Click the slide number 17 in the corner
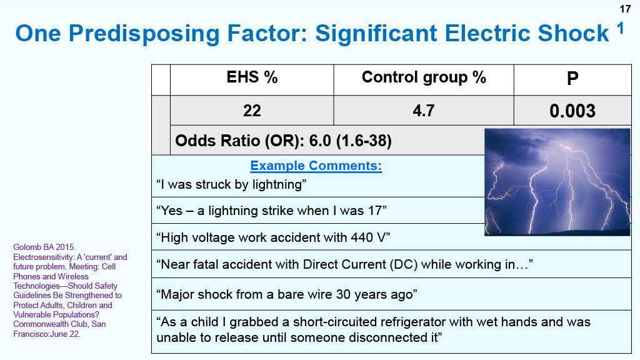point(625,9)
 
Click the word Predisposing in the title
point(144,34)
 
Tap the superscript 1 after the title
point(621,29)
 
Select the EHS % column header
point(252,77)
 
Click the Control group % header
point(424,77)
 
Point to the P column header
point(572,78)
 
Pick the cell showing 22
point(252,111)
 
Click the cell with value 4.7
point(424,111)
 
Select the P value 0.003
point(572,111)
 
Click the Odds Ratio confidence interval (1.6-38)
point(364,141)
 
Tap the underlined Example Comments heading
point(316,166)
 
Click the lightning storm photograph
point(557,182)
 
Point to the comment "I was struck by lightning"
point(231,184)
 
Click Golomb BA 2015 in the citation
point(44,247)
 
